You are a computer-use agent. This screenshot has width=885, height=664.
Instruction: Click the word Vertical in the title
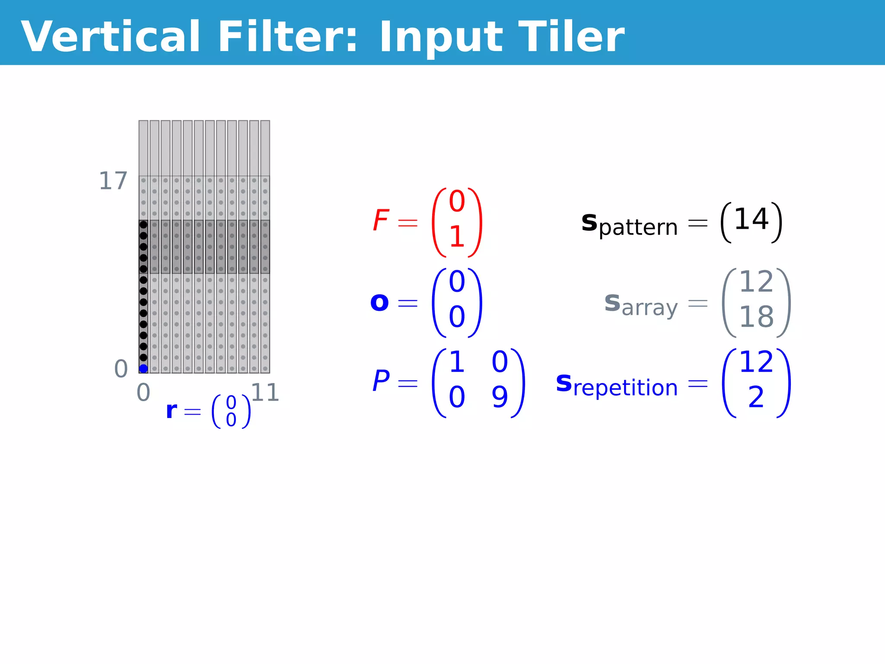(110, 37)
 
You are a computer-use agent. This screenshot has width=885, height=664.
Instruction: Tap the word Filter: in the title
(288, 37)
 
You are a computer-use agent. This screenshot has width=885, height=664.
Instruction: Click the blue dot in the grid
(143, 368)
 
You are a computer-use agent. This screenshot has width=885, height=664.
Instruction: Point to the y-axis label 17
(113, 181)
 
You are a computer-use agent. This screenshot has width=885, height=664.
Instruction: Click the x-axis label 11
(265, 393)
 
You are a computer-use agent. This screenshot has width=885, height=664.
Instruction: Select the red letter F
(381, 220)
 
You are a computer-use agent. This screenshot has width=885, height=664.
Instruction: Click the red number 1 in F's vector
(457, 237)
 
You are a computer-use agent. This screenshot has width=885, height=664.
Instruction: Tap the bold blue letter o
(379, 302)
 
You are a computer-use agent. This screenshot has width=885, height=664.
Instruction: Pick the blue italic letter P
(381, 381)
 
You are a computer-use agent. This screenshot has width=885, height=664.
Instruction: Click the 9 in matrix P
(500, 397)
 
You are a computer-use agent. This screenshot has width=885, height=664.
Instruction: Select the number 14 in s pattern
(751, 219)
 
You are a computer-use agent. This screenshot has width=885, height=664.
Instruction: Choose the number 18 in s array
(756, 317)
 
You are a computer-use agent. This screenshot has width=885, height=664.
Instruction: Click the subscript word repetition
(625, 388)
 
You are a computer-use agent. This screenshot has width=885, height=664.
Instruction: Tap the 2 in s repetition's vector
(756, 397)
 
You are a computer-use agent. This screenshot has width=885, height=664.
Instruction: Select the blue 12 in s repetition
(756, 362)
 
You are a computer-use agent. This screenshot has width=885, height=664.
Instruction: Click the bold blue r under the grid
(172, 410)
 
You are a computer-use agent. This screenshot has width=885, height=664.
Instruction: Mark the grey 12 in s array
(756, 282)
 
